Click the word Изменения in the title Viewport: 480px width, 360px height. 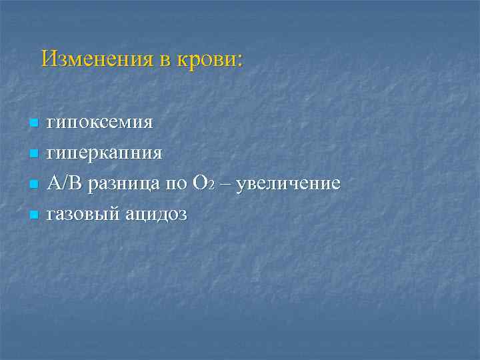pos(97,59)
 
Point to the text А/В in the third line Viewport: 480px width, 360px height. pos(63,183)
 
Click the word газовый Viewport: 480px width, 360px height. pos(82,215)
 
